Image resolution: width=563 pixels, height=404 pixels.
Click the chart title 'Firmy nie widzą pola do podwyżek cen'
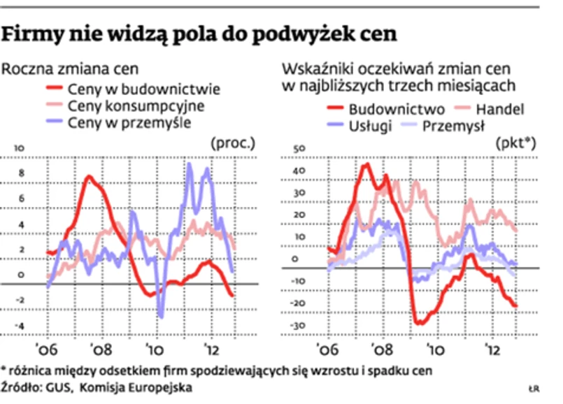click(x=199, y=33)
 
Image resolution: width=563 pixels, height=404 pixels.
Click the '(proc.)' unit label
click(x=233, y=144)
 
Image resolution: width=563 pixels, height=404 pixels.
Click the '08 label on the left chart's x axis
click(x=100, y=349)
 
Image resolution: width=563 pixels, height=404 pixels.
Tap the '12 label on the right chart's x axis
click(x=493, y=349)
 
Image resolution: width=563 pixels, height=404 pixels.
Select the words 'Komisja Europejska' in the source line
click(x=133, y=386)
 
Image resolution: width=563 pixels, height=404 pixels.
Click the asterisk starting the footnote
click(x=4, y=369)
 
